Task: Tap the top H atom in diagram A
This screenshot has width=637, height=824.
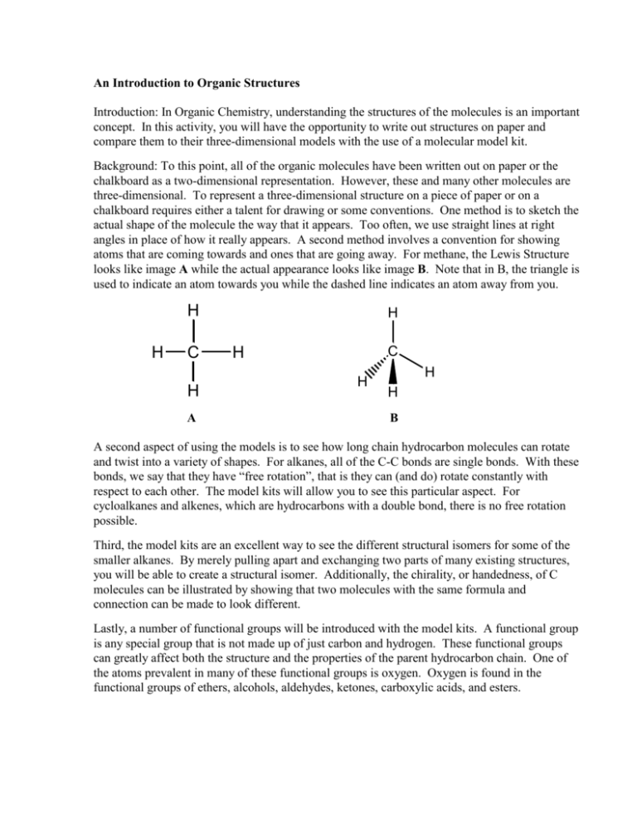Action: pos(192,310)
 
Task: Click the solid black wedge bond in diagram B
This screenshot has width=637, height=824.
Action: pos(391,374)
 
